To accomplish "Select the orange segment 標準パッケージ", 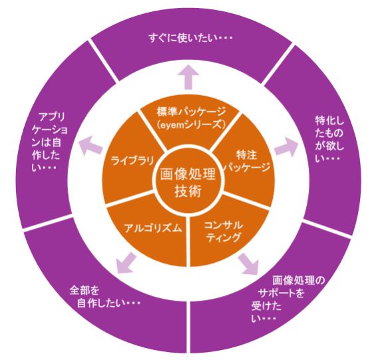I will (x=189, y=116).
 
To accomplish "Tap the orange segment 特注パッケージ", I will (x=246, y=160).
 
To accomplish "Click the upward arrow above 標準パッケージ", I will (x=189, y=79).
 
